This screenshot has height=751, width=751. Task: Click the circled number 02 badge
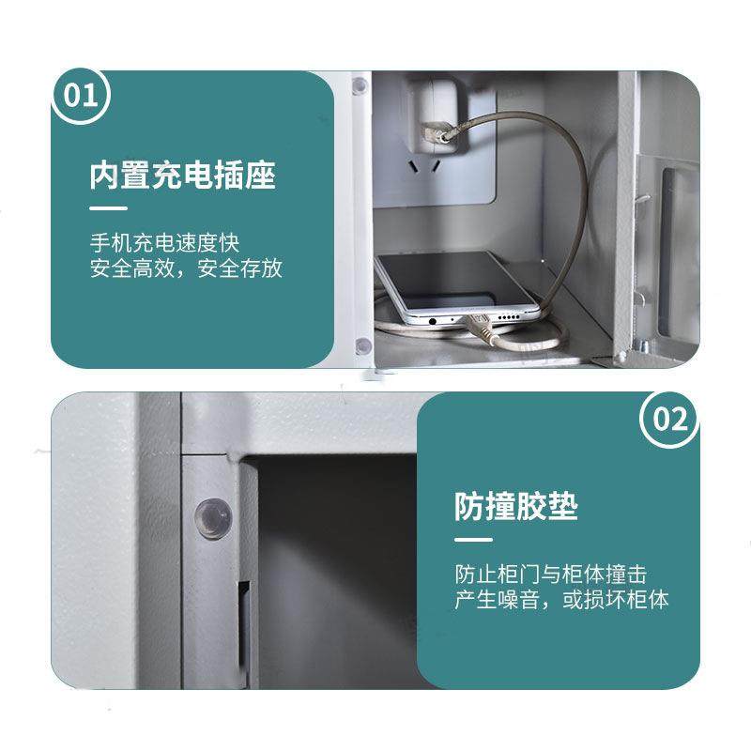click(x=669, y=419)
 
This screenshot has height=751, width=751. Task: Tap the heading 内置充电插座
click(x=183, y=175)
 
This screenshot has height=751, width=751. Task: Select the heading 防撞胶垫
click(x=516, y=507)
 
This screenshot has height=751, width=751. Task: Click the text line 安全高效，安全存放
click(x=186, y=269)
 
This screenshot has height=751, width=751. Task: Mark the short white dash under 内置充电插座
click(x=108, y=207)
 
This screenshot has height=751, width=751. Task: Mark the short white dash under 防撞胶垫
click(x=473, y=540)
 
